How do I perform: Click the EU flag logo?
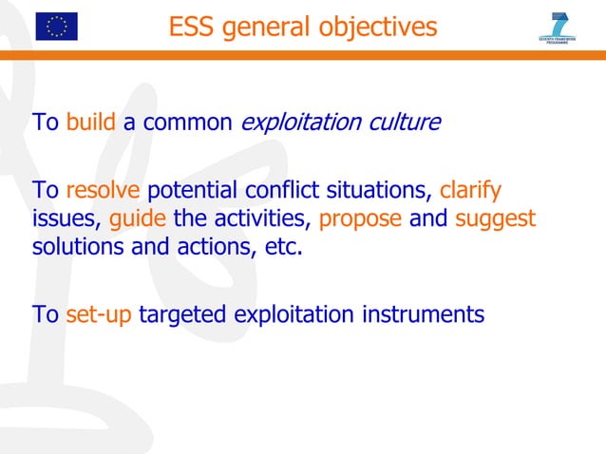(56, 26)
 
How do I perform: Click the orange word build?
(91, 123)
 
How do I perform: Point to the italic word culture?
(407, 123)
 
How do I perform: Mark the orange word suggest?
(496, 219)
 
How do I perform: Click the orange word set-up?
(100, 314)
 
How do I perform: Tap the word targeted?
(183, 314)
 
